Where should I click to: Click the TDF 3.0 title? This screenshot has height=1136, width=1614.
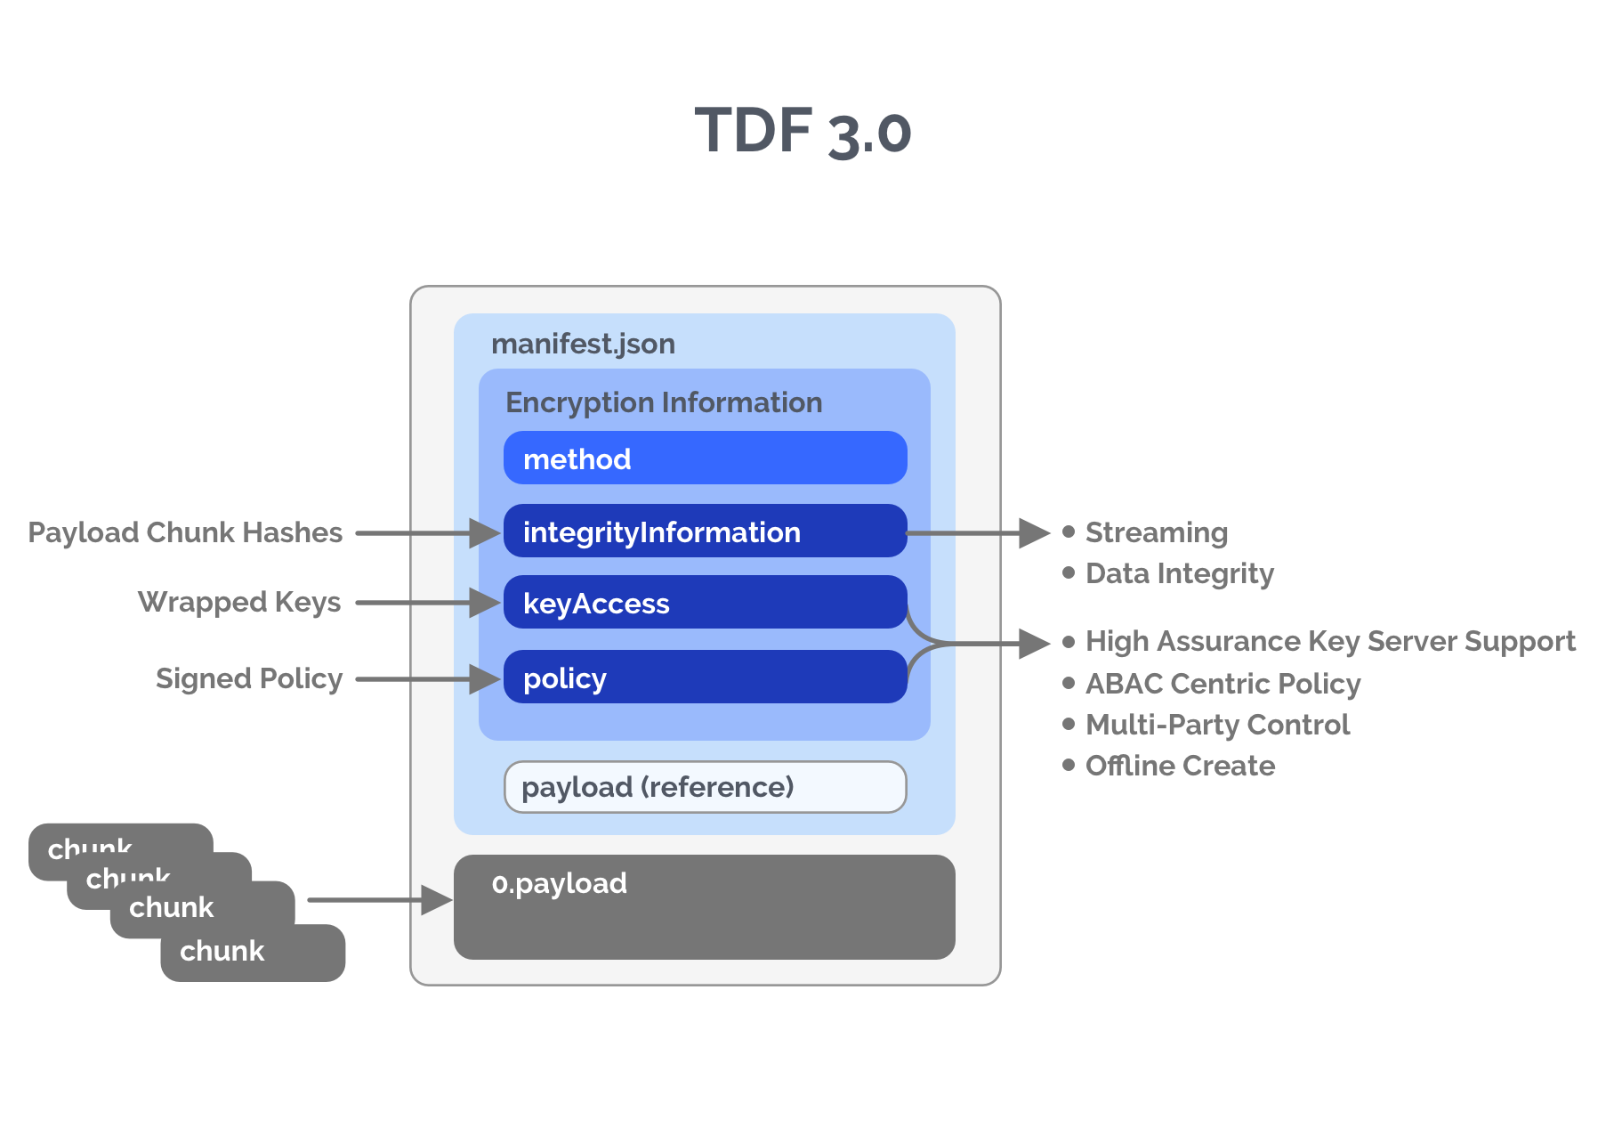point(803,132)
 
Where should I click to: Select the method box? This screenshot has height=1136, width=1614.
point(705,458)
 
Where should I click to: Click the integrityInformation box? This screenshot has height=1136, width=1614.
point(705,531)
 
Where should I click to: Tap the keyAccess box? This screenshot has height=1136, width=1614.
point(705,603)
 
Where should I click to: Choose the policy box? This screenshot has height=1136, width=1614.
point(705,678)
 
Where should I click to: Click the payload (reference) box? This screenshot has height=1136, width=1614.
point(705,787)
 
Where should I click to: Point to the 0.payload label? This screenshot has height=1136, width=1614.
point(560,883)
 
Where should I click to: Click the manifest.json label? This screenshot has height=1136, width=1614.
point(583,344)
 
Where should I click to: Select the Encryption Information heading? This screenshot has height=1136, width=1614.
point(664,402)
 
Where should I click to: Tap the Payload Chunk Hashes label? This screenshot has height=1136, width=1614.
point(185,532)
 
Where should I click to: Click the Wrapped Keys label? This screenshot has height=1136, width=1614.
point(239,602)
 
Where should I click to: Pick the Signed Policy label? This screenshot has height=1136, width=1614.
point(249,678)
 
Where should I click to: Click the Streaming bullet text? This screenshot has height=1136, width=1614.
point(1157,532)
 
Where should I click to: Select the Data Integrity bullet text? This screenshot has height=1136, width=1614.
point(1180,573)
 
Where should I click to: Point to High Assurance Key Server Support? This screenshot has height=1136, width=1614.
point(1330,641)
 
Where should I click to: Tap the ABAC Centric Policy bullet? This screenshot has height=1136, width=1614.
point(1223,684)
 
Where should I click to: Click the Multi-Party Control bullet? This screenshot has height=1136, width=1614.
point(1218,725)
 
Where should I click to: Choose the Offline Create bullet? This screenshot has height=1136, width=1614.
point(1181,766)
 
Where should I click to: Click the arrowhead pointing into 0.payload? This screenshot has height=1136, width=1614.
point(437,900)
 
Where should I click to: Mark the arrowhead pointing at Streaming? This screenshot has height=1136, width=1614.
point(1035,533)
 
